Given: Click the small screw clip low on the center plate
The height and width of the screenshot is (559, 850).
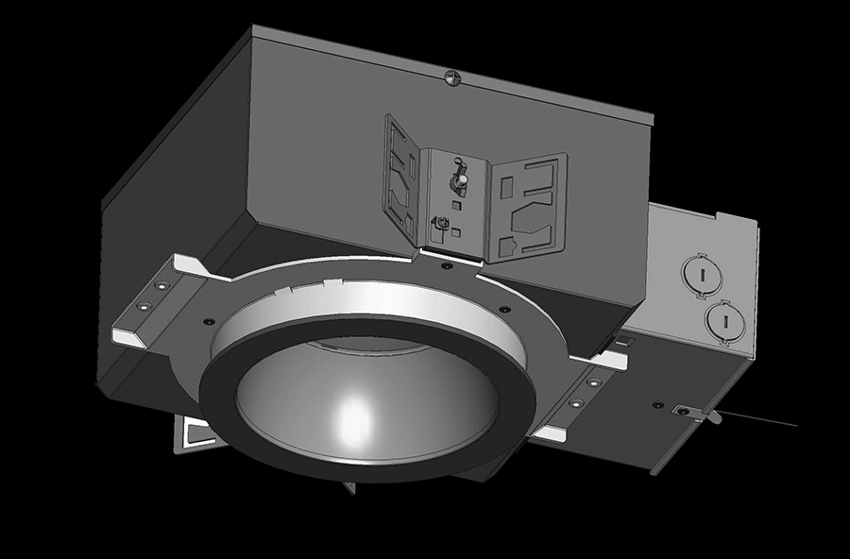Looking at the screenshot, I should click(440, 223).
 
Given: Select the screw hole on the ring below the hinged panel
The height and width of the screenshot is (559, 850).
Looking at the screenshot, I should click(447, 267).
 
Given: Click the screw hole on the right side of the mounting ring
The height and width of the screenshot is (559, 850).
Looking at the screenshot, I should click(504, 309).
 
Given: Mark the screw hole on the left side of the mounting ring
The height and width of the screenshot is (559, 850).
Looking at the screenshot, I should click(204, 320).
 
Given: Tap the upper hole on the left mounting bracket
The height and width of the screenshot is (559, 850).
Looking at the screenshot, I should click(161, 283).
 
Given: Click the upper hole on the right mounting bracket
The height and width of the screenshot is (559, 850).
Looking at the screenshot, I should click(593, 381).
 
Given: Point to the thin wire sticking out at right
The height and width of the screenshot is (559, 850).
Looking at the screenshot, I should click(765, 421).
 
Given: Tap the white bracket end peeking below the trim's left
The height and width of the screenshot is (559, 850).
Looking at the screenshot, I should click(199, 433).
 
